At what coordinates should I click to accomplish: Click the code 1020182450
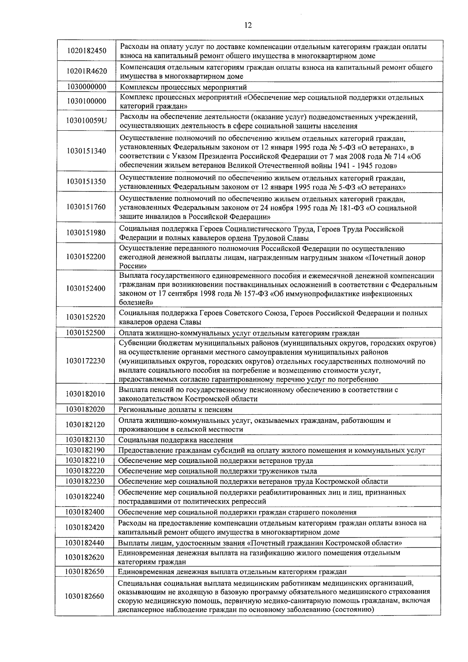tap(86, 51)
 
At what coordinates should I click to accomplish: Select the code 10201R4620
tap(86, 72)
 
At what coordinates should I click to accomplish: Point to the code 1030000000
tap(86, 87)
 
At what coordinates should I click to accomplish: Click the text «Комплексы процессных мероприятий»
tap(183, 87)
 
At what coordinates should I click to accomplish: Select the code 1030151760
tap(86, 207)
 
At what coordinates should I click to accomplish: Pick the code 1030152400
tap(86, 289)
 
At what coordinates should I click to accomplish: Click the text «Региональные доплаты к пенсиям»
tap(175, 410)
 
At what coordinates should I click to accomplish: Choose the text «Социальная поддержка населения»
tap(175, 440)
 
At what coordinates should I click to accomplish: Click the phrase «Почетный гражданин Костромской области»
tap(326, 543)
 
